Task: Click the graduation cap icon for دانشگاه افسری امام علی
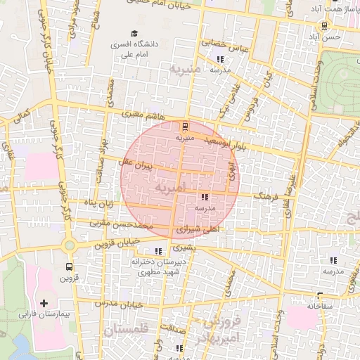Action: tap(134, 33)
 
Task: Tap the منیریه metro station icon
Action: tap(185, 127)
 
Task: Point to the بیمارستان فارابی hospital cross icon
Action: tap(44, 303)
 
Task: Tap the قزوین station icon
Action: tap(69, 266)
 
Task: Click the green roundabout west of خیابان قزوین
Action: tap(69, 245)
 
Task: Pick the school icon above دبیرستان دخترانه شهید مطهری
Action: tap(158, 250)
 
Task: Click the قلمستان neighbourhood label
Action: tap(127, 328)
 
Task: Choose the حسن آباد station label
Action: tap(329, 36)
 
